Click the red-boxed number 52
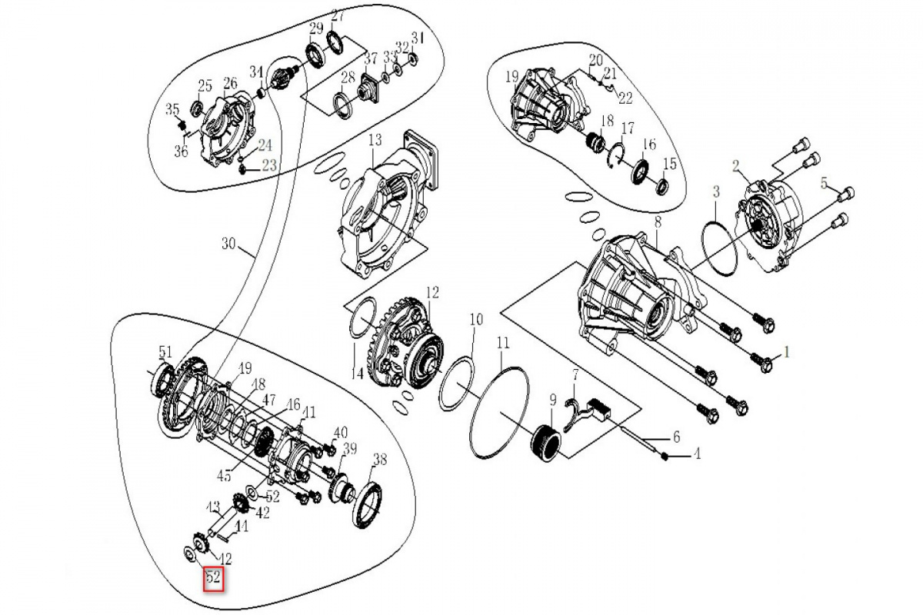tap(213, 577)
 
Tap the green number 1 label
tap(786, 352)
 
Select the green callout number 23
tap(269, 165)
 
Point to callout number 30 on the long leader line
tap(228, 244)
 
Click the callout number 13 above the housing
tap(375, 141)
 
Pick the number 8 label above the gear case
tap(658, 223)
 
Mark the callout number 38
tap(379, 460)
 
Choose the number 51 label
tap(165, 352)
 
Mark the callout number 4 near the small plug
tap(696, 454)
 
